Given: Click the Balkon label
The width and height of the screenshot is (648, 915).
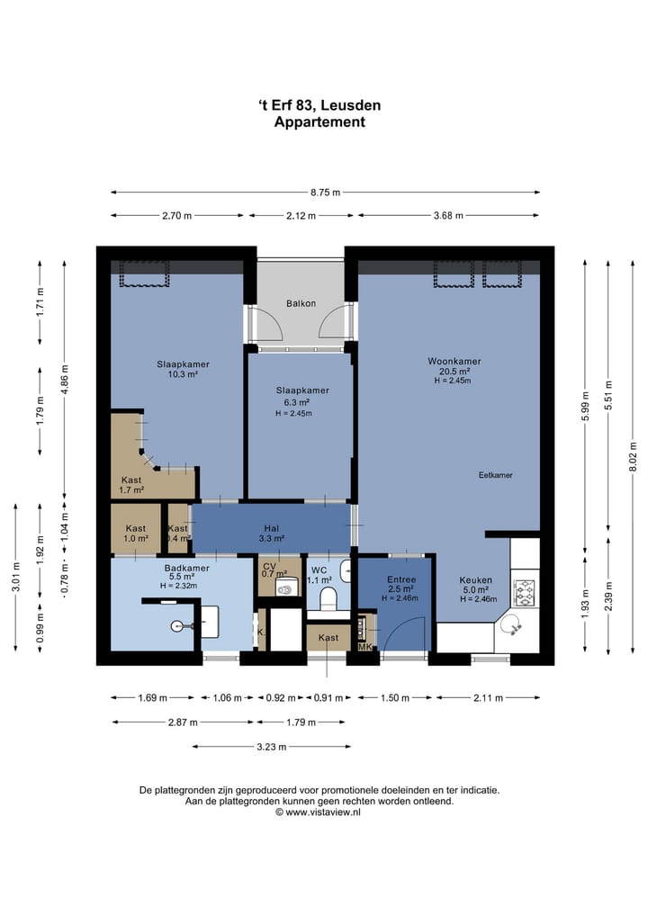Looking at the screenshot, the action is coord(301,303).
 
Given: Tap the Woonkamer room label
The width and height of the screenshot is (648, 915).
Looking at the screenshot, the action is coord(454,361).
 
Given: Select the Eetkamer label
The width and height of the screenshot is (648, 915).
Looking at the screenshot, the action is coord(496,475).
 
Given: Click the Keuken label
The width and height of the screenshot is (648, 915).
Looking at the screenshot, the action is coord(476,580).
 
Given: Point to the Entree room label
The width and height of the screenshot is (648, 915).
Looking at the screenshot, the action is coord(401,579).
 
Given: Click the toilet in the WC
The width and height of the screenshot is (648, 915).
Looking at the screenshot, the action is coord(328,597).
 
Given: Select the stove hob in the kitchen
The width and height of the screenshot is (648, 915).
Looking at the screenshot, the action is coord(524,592).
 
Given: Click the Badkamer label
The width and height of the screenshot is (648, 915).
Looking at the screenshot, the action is coord(187,568).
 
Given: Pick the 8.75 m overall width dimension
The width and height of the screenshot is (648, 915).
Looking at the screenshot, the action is coord(325,192).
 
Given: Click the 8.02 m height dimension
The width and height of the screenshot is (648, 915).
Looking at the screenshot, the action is coord(633,457).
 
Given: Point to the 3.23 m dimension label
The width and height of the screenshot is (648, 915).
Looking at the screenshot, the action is coord(272,747).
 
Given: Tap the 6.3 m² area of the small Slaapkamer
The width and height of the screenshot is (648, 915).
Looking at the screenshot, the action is coord(297,402).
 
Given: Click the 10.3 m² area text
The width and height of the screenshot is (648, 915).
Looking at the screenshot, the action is coord(183,374).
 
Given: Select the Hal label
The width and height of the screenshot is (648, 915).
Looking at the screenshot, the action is coord(272,529).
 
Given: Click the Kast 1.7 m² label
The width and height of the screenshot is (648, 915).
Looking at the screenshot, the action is coord(131,485).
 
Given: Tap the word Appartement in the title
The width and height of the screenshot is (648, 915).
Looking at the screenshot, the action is coord(319,122).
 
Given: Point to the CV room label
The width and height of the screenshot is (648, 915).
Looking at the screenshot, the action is coord(269,567).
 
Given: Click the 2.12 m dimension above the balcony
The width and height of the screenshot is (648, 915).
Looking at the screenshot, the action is coord(301,215).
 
